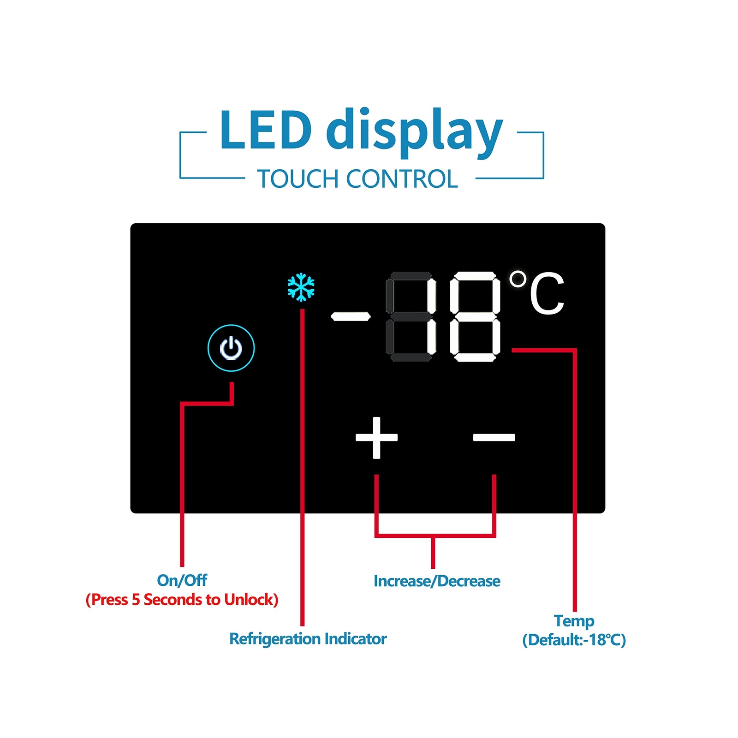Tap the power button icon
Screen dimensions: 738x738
coord(231,348)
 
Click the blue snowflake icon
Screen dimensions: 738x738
coord(301,287)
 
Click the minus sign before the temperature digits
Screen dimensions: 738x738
coord(351,316)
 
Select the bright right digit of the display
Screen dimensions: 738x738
coord(476,316)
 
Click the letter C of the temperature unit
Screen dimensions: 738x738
coord(547,294)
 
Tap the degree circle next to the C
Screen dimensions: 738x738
coord(518,279)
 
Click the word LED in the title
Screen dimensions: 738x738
coord(265,130)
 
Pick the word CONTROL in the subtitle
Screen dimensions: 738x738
coord(402,179)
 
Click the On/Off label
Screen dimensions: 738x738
coord(182,580)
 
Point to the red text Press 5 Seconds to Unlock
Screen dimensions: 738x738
coord(182,600)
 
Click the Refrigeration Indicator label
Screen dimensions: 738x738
coord(308,639)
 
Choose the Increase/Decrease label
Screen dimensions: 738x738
coord(436,581)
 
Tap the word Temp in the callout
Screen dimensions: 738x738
coord(574,621)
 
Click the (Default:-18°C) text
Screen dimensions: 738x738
coord(574,640)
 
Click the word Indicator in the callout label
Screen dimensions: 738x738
coord(355,639)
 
